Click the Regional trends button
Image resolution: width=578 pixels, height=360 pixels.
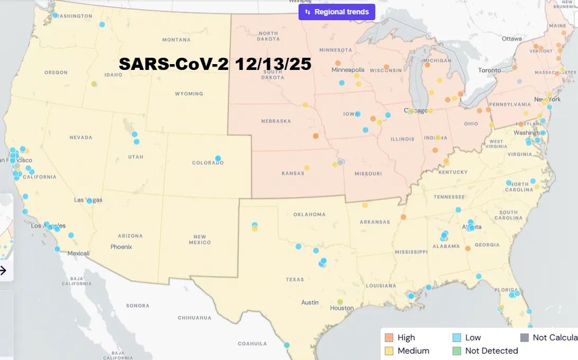coord(337,12)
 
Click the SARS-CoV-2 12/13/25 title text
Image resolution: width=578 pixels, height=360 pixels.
coord(215,64)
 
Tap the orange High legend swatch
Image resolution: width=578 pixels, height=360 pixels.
coord(389,337)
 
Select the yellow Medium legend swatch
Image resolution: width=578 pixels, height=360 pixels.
coord(389,351)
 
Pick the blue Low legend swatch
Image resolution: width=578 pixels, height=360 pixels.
coord(457,337)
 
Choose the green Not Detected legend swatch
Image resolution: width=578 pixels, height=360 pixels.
coord(457,351)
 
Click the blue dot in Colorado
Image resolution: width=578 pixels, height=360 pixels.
coord(218,158)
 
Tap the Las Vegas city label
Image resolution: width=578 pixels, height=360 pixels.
coord(88,200)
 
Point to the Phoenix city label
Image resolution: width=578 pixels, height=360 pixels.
coord(121,247)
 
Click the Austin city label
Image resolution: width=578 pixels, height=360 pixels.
coord(309,302)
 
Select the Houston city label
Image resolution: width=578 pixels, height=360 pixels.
coord(341,308)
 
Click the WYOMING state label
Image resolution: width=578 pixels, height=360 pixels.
coord(188,94)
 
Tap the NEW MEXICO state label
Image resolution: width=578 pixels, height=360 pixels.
coord(200,240)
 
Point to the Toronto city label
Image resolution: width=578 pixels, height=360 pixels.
coord(490,70)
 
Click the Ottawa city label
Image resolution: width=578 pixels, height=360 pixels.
coord(512,39)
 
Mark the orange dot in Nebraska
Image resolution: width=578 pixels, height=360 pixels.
coord(316,136)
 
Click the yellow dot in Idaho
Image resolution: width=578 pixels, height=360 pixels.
coord(94,84)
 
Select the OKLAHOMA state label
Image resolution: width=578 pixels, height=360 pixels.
coord(309,214)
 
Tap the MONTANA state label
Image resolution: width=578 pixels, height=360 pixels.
coord(176,40)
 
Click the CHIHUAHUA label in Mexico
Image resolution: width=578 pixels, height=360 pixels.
coord(194,318)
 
